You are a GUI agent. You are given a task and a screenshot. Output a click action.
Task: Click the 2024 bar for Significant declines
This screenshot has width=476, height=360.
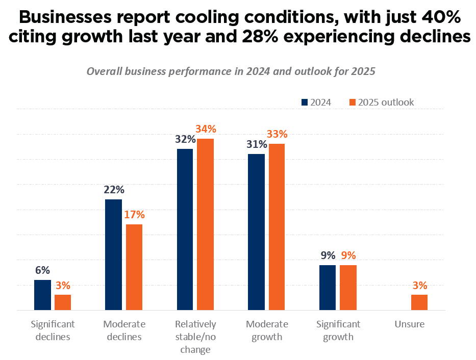click(x=42, y=295)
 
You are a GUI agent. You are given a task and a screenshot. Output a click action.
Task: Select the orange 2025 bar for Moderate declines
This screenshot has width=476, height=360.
click(x=134, y=267)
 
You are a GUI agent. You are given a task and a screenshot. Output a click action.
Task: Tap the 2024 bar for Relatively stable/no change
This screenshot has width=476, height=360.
click(x=185, y=229)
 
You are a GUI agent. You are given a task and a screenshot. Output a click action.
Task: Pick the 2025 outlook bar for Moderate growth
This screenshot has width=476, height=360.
click(x=277, y=226)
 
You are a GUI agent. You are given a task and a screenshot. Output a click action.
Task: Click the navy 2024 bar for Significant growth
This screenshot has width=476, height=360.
click(x=328, y=287)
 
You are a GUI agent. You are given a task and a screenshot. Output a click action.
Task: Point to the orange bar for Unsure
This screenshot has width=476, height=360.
click(x=419, y=302)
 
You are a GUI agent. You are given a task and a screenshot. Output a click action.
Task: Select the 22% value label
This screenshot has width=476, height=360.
click(x=114, y=190)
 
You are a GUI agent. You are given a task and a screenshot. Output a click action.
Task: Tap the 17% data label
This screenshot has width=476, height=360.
click(x=135, y=215)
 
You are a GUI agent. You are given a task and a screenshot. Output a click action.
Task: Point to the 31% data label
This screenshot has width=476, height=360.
click(x=256, y=144)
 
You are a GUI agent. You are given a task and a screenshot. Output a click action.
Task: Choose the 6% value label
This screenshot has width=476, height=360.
click(x=42, y=270)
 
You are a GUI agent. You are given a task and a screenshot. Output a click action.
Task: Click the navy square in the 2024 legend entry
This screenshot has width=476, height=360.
click(x=305, y=102)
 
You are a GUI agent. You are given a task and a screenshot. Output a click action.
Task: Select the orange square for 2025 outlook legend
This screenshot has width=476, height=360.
click(x=352, y=102)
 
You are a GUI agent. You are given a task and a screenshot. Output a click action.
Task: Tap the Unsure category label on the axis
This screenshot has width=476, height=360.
click(x=409, y=324)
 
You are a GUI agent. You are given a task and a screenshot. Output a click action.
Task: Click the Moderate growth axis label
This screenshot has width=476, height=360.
click(x=267, y=330)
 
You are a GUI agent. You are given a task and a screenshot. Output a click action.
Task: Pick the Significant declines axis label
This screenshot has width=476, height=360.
click(x=53, y=330)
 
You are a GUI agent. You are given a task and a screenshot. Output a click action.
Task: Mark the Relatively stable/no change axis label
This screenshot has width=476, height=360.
click(x=195, y=337)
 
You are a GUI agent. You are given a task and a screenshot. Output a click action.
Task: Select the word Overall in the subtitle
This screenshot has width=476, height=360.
click(x=104, y=71)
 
